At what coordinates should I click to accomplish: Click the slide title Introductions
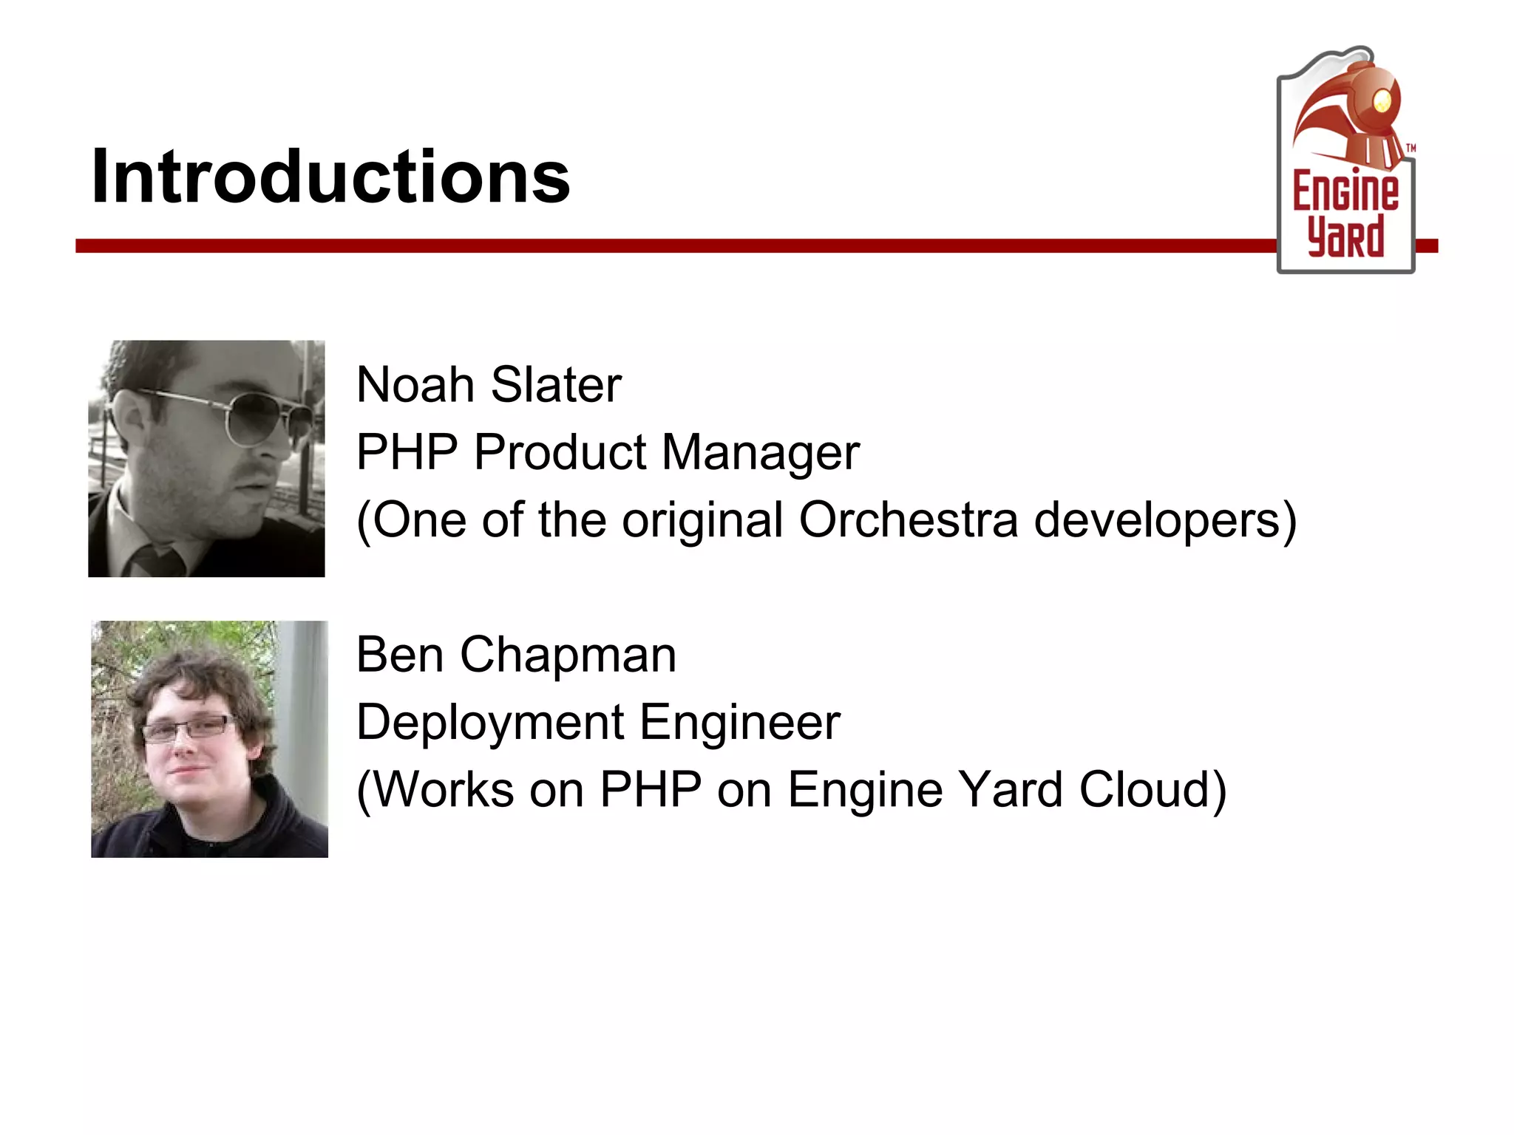click(x=330, y=177)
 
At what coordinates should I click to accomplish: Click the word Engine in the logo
click(x=1345, y=191)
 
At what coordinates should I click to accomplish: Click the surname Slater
click(x=556, y=385)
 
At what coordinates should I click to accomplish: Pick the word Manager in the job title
click(x=761, y=452)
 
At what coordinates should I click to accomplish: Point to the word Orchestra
click(x=909, y=519)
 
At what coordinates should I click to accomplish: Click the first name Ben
click(x=399, y=655)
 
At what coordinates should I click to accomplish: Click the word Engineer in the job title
click(x=740, y=722)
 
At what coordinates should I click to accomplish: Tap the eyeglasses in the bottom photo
click(x=189, y=729)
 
